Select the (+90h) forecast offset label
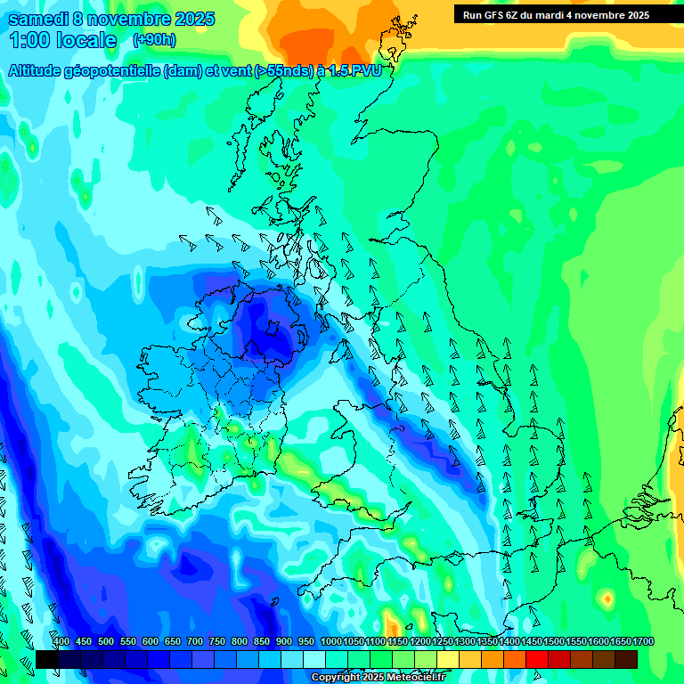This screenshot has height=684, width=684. coord(153,40)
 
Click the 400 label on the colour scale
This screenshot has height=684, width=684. coord(61,642)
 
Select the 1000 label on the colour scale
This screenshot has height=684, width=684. coord(330,642)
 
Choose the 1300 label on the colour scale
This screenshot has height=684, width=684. coord(464,642)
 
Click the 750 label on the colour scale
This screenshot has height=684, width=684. coord(217,642)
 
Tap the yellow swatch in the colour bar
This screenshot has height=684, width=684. coord(448,659)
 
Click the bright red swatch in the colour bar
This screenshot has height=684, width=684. coord(537,659)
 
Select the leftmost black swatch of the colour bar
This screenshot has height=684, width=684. coord(47,659)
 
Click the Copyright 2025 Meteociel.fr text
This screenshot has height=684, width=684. coord(378,677)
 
